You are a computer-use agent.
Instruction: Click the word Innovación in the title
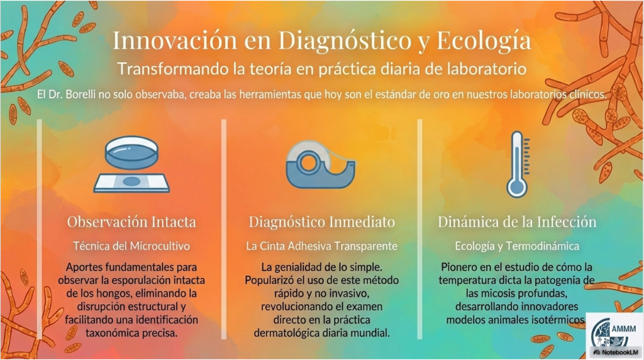click(x=175, y=40)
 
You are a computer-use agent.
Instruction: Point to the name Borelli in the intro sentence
click(x=79, y=94)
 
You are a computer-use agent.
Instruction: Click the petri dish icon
click(x=131, y=152)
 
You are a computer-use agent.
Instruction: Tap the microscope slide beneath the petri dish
click(x=131, y=182)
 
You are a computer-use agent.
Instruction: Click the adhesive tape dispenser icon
click(x=321, y=165)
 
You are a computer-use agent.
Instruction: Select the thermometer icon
click(x=518, y=164)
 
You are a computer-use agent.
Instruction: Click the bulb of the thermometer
click(x=517, y=189)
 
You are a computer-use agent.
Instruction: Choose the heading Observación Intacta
click(x=131, y=222)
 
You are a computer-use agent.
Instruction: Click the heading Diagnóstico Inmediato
click(x=321, y=222)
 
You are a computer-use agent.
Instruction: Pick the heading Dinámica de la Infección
click(x=517, y=222)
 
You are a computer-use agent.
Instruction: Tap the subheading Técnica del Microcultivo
click(x=131, y=246)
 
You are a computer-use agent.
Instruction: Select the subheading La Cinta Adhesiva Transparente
click(x=321, y=246)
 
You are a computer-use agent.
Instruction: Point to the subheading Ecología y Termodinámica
click(x=517, y=246)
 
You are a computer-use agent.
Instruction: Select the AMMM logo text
click(x=623, y=329)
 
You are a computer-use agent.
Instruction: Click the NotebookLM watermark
click(x=616, y=352)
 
